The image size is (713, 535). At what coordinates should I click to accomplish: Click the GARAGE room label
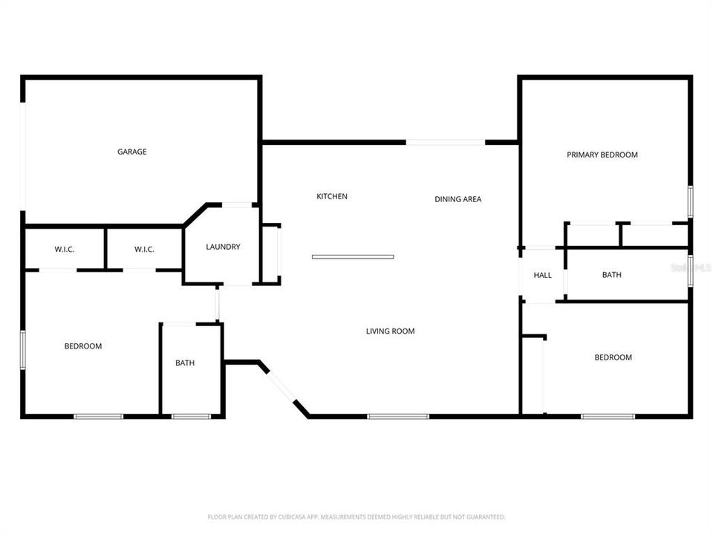coord(131,152)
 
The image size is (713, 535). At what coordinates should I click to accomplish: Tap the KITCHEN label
coord(332,196)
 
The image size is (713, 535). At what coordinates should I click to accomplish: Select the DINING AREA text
coord(458,199)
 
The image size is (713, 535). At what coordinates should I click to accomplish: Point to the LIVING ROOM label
coord(390,331)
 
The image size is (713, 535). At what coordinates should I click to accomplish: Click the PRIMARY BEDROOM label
coord(602,155)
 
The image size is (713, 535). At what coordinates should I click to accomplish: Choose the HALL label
coord(542,276)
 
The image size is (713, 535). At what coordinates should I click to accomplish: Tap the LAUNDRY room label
coord(223,247)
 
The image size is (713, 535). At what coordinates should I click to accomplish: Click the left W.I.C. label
coord(64,250)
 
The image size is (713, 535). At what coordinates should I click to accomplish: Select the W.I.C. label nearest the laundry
coord(144,250)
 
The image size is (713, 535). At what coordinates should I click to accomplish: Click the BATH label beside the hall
coord(611,275)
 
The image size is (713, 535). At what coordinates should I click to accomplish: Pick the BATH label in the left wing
coord(185,363)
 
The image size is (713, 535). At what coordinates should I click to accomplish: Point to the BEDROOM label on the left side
coord(83,346)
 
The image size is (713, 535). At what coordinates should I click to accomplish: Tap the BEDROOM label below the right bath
coord(613,357)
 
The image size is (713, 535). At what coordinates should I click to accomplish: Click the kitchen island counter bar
coord(353,257)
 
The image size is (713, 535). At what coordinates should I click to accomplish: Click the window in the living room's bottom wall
coord(398,416)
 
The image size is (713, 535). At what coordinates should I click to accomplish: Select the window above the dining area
coord(446,142)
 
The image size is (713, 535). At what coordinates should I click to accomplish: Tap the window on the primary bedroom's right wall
coord(690,201)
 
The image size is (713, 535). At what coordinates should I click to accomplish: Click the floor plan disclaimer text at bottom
coord(356,516)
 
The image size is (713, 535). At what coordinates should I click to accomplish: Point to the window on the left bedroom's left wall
coord(23,350)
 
